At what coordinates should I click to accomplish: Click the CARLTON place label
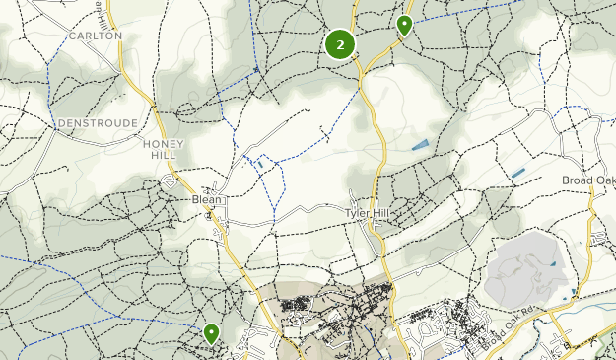click(x=96, y=36)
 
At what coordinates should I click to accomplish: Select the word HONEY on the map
click(x=164, y=143)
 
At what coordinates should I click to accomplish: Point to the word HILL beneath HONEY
click(x=164, y=156)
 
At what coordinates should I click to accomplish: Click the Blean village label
click(x=208, y=198)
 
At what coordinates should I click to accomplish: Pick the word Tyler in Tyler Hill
click(x=357, y=213)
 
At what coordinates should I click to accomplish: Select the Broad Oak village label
click(x=588, y=180)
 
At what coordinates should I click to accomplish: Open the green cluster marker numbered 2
click(x=340, y=44)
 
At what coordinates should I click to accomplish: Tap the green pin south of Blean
click(x=211, y=334)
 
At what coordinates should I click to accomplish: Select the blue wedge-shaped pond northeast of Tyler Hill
click(x=421, y=145)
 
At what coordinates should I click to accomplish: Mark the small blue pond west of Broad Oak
click(x=518, y=174)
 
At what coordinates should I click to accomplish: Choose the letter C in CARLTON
click(x=73, y=36)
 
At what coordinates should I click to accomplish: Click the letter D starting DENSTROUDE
click(x=62, y=123)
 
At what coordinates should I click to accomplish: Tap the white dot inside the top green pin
click(x=404, y=22)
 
